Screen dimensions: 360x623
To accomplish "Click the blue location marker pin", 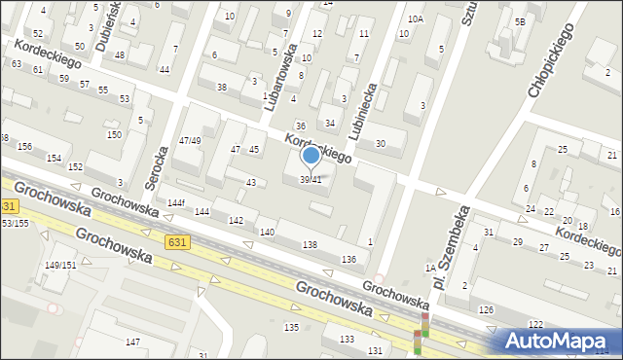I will [x=311, y=156].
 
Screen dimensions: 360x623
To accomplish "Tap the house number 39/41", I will [x=310, y=179].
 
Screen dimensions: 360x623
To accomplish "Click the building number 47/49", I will [x=190, y=140].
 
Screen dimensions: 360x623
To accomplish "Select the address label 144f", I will [x=175, y=202].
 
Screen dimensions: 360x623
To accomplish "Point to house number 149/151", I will [x=60, y=265].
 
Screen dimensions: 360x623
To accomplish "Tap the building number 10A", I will [x=416, y=18].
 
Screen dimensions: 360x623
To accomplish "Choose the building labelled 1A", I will [x=428, y=268].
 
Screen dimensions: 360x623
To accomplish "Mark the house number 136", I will [x=348, y=258].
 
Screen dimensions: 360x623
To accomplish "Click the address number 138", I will [x=311, y=244].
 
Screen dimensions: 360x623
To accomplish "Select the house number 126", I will [x=485, y=309].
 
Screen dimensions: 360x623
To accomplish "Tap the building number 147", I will [x=132, y=342].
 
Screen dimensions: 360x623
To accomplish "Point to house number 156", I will [x=24, y=146].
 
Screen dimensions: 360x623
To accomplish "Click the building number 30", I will [x=381, y=144].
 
